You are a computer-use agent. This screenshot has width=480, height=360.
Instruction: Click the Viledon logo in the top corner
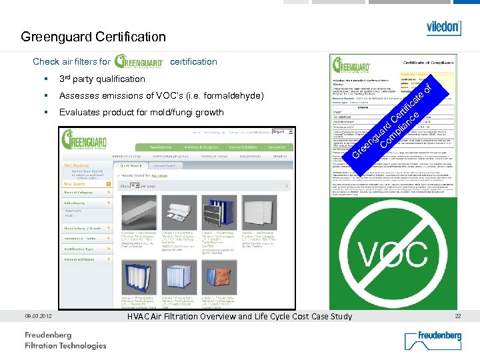coord(443,27)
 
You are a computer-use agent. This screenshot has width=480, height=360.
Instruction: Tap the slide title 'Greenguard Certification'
coord(93,37)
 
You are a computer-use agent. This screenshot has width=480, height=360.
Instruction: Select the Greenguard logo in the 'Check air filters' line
coord(139,61)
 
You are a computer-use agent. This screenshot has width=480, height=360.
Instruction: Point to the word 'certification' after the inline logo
coord(193,61)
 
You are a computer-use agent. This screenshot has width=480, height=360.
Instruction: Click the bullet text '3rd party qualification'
coord(102,79)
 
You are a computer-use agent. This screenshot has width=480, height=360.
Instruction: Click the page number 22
coord(457,316)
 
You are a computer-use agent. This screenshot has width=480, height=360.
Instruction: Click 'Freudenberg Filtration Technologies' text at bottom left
coord(65,340)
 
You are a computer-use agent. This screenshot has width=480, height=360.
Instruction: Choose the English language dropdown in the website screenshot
coord(281,132)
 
